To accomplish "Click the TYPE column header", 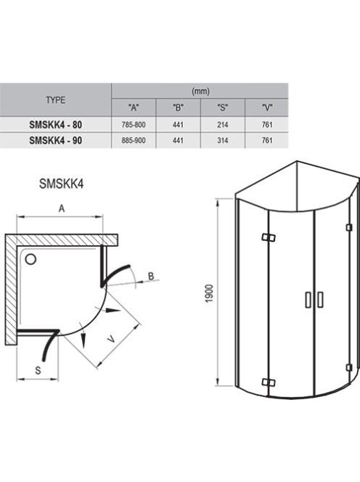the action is [x=56, y=100].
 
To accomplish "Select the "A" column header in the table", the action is [x=134, y=107].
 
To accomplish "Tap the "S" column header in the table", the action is [x=223, y=107].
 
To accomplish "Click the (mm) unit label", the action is [x=200, y=91].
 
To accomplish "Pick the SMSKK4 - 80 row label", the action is [x=56, y=125].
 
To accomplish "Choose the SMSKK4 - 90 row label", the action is [x=56, y=141].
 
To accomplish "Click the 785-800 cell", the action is [x=134, y=125].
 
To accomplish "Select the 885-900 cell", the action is [x=134, y=141].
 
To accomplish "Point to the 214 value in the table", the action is [x=223, y=125].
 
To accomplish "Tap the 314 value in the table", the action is [x=223, y=141].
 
